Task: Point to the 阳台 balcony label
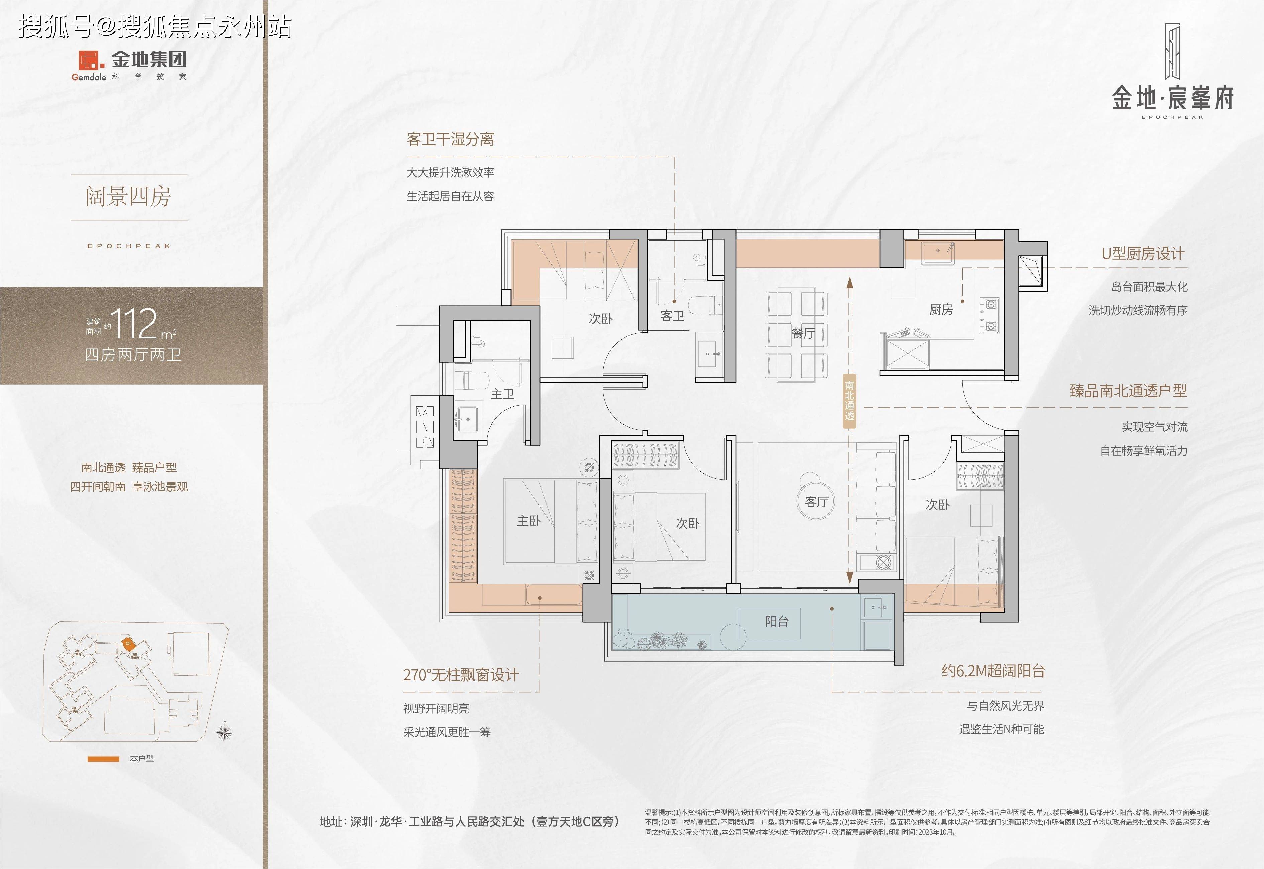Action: pos(777,621)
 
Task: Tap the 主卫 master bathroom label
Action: pos(502,394)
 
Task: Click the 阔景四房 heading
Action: pos(128,197)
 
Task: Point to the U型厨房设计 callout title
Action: pos(1143,254)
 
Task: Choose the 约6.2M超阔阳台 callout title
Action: pos(993,671)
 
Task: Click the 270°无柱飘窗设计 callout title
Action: pos(461,675)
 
